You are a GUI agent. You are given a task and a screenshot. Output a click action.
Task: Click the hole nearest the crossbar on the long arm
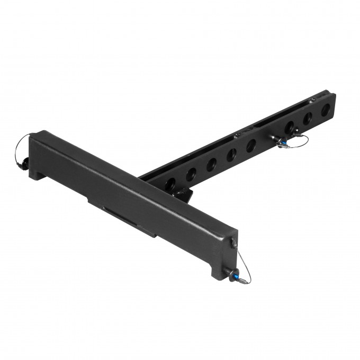170,183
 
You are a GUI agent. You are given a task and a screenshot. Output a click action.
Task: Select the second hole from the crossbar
191,172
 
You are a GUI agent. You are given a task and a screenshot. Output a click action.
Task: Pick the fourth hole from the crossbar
231,154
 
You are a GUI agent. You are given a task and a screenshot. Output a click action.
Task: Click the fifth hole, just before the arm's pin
251,144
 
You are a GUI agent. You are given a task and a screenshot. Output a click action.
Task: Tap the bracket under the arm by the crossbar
183,194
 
